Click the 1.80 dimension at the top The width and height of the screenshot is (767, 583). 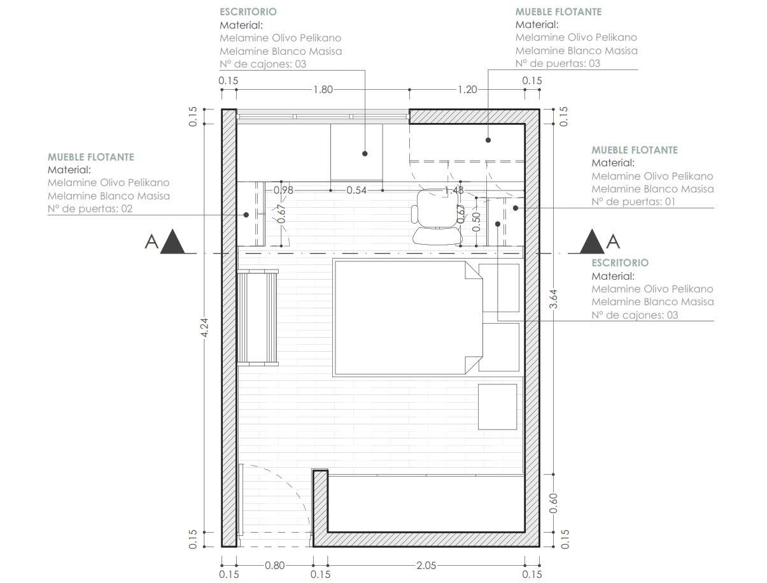click(323, 90)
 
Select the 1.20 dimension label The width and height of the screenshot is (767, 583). click(467, 90)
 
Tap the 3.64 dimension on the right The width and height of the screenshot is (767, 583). click(553, 299)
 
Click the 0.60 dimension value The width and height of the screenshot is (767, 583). click(553, 503)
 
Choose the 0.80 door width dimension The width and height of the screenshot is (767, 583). click(275, 565)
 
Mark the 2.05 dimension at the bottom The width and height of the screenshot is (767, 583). click(426, 565)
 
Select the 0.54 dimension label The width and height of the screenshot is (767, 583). click(356, 190)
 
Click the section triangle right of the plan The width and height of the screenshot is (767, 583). click(592, 242)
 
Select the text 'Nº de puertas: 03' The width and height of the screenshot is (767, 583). click(558, 63)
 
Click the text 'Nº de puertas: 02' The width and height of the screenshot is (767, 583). click(90, 208)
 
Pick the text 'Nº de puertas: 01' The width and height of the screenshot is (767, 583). click(634, 201)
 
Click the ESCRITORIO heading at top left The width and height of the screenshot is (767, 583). click(248, 11)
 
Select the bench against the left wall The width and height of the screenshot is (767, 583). click(258, 317)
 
